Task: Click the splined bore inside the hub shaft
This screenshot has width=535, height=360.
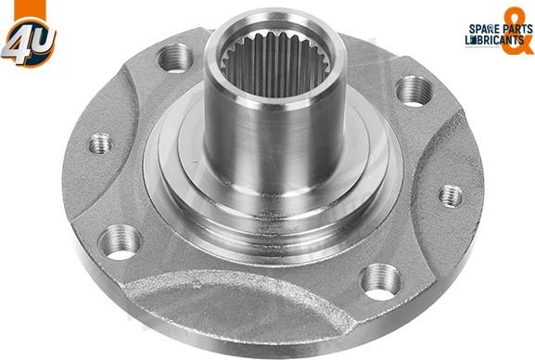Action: click(x=275, y=64)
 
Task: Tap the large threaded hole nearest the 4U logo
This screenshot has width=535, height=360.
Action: click(x=176, y=58)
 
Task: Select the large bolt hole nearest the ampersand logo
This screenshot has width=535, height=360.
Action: click(x=414, y=91)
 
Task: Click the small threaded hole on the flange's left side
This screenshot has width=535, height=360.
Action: click(x=100, y=144)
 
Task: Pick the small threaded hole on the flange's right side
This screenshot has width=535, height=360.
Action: click(x=451, y=196)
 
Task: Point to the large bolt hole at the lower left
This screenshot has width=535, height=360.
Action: click(x=120, y=242)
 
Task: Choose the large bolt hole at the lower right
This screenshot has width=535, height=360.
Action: click(x=380, y=281)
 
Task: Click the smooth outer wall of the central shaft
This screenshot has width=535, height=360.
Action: click(x=273, y=147)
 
